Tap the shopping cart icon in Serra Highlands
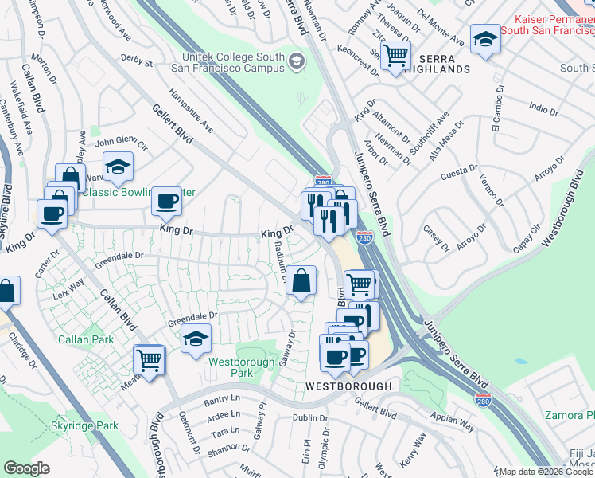395,56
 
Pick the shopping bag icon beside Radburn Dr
301,280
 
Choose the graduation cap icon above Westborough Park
196,339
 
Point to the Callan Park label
85,339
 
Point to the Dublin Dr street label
309,417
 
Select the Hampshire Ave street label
195,116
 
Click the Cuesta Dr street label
461,170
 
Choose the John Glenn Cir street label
122,144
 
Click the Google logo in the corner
26,468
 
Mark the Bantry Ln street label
221,398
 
